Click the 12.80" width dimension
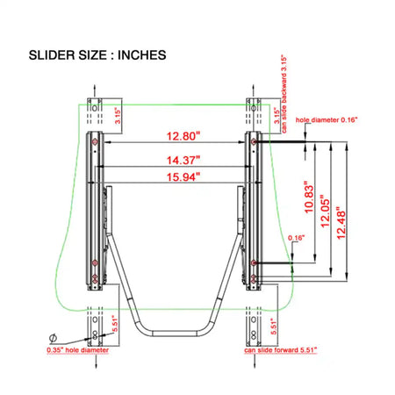coord(183,136)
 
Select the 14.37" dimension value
coord(183,161)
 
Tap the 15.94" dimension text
coord(183,177)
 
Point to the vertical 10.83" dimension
coord(309,197)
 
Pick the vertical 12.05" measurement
coord(325,212)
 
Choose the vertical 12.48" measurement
coord(341,223)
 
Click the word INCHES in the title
coord(142,55)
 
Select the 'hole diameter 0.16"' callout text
coord(327,119)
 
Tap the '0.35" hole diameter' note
coord(77,350)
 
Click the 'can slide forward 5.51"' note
coord(281,350)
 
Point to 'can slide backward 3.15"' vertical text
coord(284,94)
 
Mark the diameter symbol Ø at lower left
coord(53,338)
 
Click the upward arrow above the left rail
coord(95,90)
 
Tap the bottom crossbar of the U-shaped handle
coord(175,334)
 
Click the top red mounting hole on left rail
coord(95,142)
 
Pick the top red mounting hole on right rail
coord(254,142)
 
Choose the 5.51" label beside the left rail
coord(115,325)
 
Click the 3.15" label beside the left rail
coord(118,116)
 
